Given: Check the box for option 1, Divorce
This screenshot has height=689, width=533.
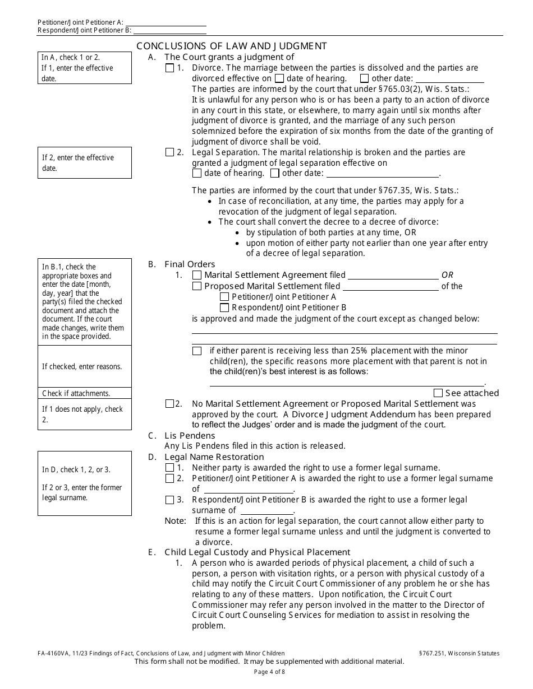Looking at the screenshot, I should pyautogui.click(x=170, y=68).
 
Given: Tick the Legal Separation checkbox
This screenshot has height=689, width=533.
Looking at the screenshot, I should pyautogui.click(x=170, y=152).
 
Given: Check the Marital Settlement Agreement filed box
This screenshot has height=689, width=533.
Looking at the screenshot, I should pyautogui.click(x=197, y=275).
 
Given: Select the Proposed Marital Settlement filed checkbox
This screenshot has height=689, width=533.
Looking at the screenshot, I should pyautogui.click(x=197, y=286).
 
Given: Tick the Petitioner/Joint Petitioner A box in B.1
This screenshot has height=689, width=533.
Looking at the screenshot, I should pyautogui.click(x=224, y=297).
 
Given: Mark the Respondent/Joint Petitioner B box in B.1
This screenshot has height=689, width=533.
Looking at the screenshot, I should pyautogui.click(x=224, y=308).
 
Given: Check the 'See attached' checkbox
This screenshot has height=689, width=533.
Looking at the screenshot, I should pyautogui.click(x=438, y=393).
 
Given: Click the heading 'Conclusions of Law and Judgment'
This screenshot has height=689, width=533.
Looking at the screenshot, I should pyautogui.click(x=232, y=46).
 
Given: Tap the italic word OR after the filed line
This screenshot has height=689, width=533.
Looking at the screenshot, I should pyautogui.click(x=447, y=275).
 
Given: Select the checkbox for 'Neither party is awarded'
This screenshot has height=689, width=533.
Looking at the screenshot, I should pyautogui.click(x=170, y=468).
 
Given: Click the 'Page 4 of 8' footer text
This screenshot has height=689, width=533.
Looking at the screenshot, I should pyautogui.click(x=269, y=672).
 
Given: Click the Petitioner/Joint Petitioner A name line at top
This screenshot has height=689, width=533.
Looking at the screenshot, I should pyautogui.click(x=169, y=22).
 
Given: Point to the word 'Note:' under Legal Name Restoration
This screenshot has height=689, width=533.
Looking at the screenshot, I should pyautogui.click(x=175, y=521).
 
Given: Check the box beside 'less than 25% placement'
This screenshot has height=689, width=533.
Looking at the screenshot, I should pyautogui.click(x=197, y=351).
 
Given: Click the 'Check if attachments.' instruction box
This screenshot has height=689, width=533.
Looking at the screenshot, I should pyautogui.click(x=84, y=393).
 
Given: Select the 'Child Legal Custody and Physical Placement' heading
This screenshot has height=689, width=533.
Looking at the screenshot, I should pyautogui.click(x=257, y=552).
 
